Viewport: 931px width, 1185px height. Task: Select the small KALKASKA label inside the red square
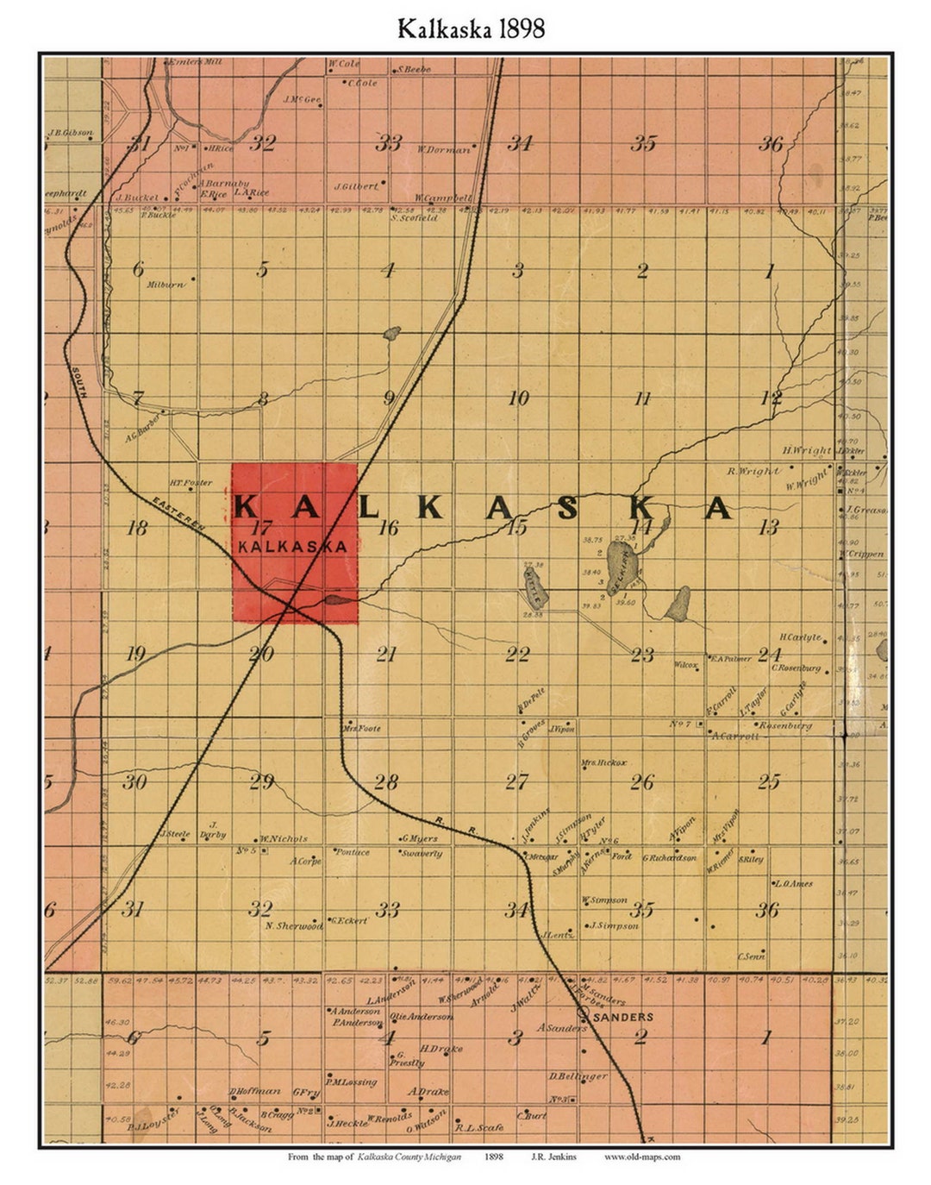(x=293, y=546)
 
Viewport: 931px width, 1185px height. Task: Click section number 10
(x=518, y=398)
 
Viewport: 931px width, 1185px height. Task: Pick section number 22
(x=517, y=655)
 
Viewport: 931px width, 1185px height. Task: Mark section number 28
(x=386, y=782)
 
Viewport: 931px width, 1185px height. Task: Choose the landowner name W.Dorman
(x=445, y=149)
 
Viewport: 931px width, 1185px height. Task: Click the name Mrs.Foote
(x=362, y=728)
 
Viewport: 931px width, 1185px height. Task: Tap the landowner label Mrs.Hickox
(x=603, y=762)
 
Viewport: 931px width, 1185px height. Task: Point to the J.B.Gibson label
(x=72, y=134)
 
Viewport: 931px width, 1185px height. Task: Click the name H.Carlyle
(x=800, y=637)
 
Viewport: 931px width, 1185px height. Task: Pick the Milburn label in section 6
(x=166, y=284)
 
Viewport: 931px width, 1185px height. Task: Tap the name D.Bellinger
(x=578, y=1075)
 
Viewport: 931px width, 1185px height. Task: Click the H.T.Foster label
(x=191, y=483)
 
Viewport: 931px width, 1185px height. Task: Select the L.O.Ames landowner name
(x=793, y=883)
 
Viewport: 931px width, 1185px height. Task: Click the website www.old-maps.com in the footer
(x=642, y=1157)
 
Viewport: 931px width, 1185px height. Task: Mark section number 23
(x=642, y=655)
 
